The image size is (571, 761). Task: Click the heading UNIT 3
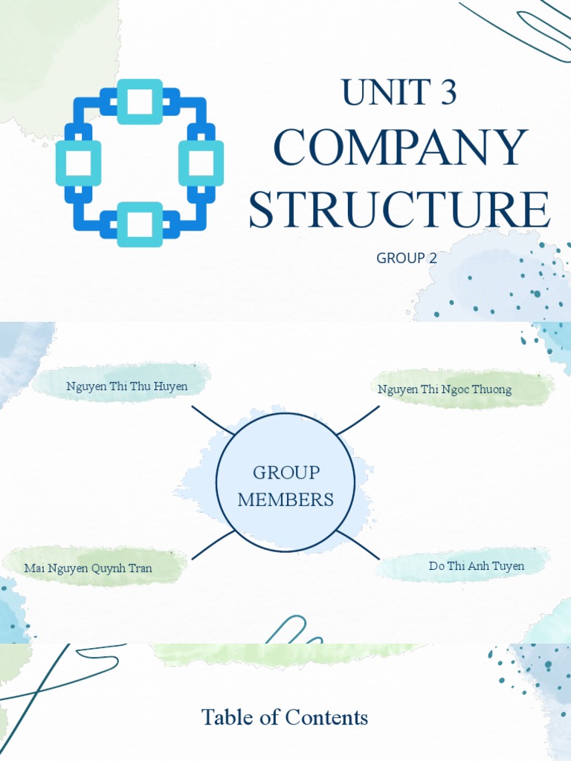pyautogui.click(x=399, y=92)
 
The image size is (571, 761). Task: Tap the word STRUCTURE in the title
pyautogui.click(x=399, y=210)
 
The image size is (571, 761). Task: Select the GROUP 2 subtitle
pyautogui.click(x=407, y=258)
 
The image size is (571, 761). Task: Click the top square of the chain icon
pyautogui.click(x=140, y=101)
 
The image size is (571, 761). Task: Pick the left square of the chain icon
pyautogui.click(x=78, y=163)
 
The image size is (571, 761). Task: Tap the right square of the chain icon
pyautogui.click(x=201, y=163)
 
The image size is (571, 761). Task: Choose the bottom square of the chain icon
pyautogui.click(x=140, y=224)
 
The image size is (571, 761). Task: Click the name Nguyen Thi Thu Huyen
pyautogui.click(x=126, y=386)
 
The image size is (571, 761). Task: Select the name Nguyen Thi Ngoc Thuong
pyautogui.click(x=445, y=389)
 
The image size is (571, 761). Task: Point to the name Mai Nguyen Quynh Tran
pyautogui.click(x=88, y=569)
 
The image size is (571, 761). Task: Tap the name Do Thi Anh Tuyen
pyautogui.click(x=476, y=566)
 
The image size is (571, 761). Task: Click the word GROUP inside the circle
pyautogui.click(x=286, y=473)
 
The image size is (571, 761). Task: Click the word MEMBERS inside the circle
pyautogui.click(x=285, y=499)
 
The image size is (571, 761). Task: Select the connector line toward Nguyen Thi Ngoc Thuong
pyautogui.click(x=358, y=420)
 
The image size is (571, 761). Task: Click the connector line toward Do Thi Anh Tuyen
pyautogui.click(x=358, y=545)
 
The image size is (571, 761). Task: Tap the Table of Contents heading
pyautogui.click(x=285, y=717)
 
